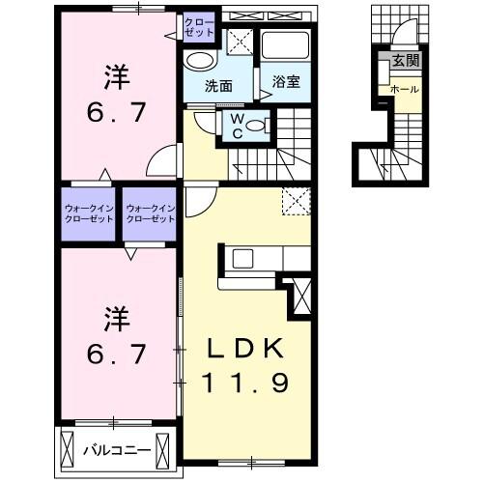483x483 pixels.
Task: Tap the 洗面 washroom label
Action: pyautogui.click(x=218, y=85)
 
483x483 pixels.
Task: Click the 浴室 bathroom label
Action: pyautogui.click(x=285, y=82)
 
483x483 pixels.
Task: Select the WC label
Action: pyautogui.click(x=235, y=126)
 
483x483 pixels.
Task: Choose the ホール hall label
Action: pyautogui.click(x=403, y=89)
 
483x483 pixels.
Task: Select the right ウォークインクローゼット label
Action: pyautogui.click(x=151, y=213)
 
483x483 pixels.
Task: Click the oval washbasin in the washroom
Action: pyautogui.click(x=199, y=60)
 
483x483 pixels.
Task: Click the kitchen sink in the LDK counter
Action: pyautogui.click(x=241, y=258)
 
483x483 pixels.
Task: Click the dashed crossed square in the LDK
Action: pyautogui.click(x=294, y=201)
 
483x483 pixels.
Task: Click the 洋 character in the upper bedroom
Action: pyautogui.click(x=116, y=73)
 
